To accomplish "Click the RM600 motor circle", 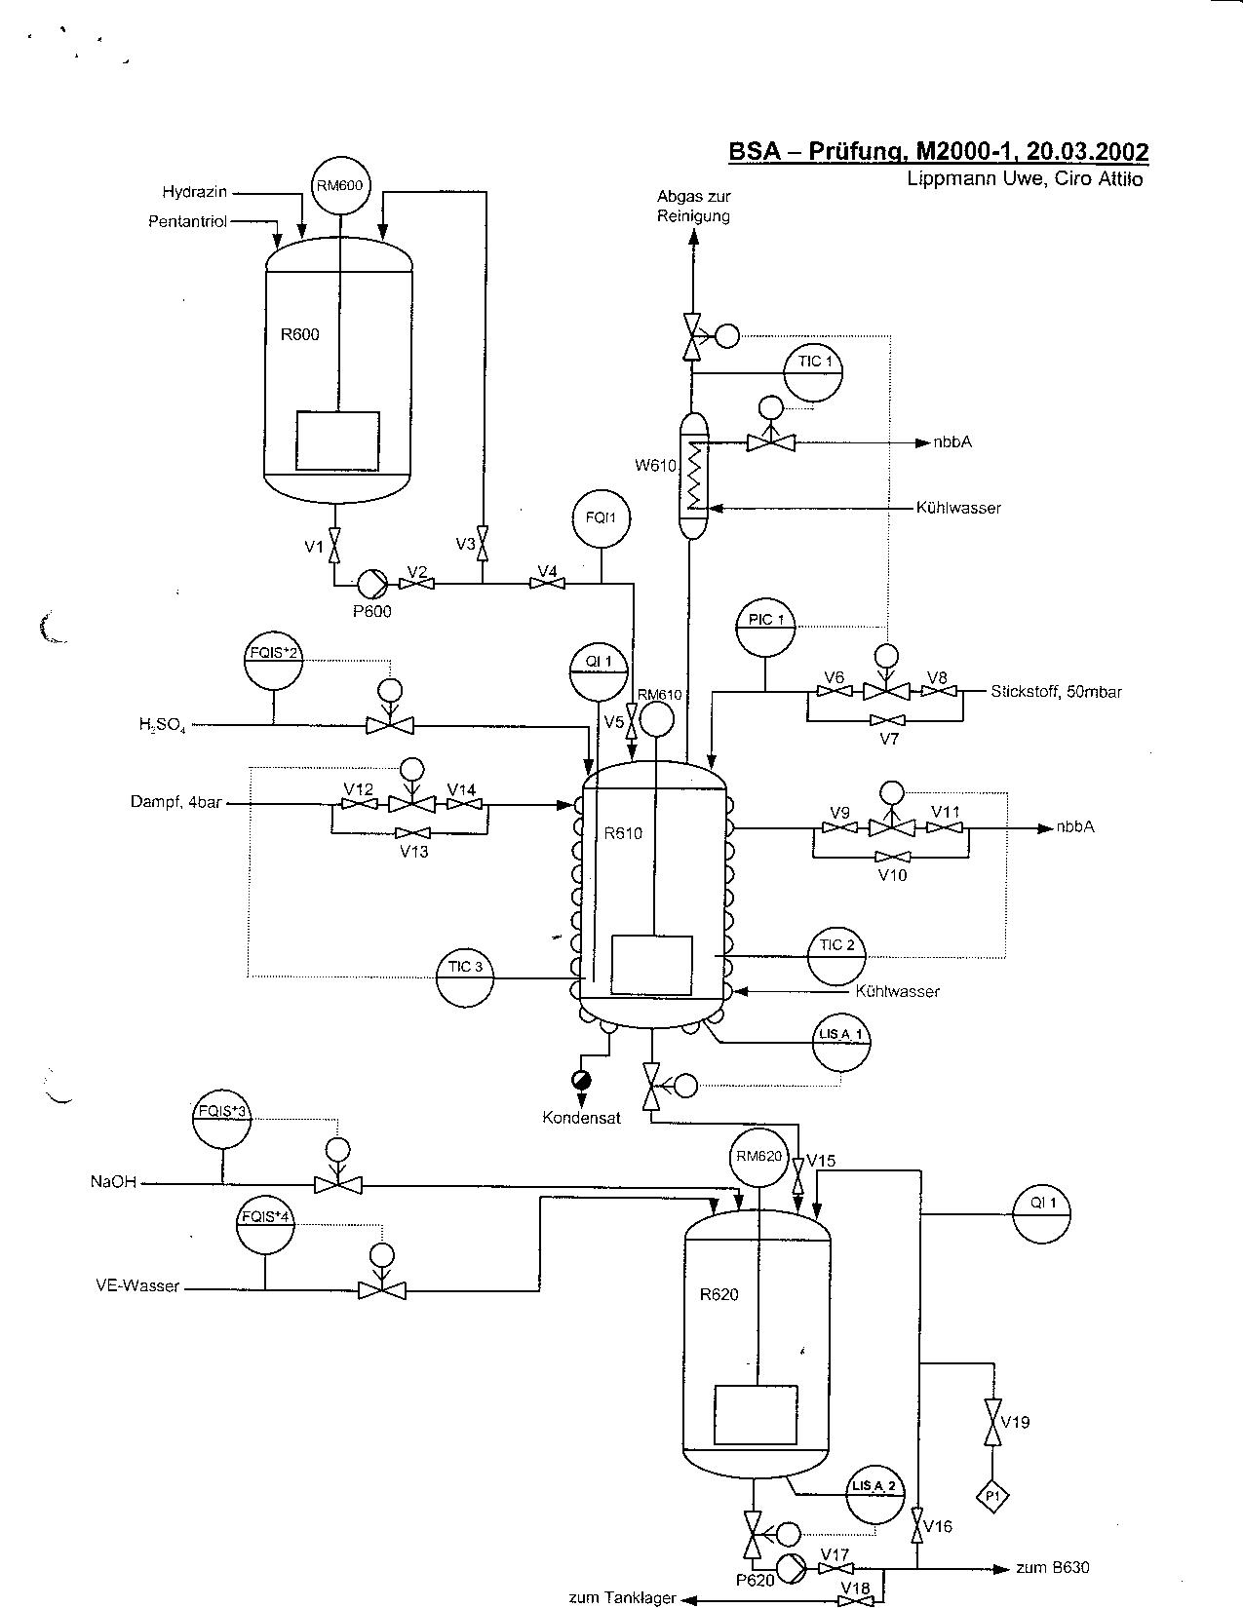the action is [340, 185].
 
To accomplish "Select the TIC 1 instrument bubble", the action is [814, 372].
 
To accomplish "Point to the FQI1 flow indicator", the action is [601, 518].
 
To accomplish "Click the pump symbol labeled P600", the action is [369, 583].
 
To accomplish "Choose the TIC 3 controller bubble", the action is [466, 976].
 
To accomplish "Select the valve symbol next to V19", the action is [992, 1422].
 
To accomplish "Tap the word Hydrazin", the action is [195, 192].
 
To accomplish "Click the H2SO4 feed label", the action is [162, 724].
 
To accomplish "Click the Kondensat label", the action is [581, 1118].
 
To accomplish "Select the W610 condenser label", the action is [655, 466].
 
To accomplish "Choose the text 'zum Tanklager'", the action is [622, 1597].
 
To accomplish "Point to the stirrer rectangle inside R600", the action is [337, 441].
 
